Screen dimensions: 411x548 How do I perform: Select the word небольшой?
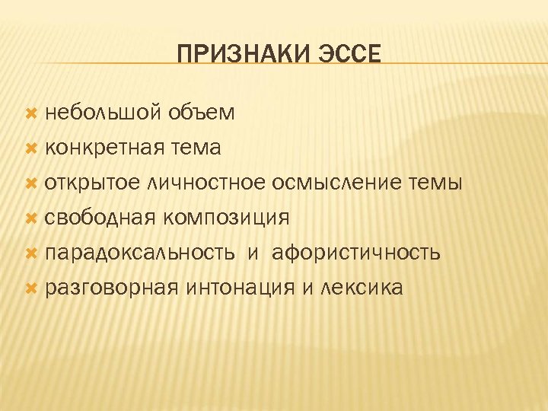coord(101,113)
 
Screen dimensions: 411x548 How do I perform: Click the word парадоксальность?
coord(139,253)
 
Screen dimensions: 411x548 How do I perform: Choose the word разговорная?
coord(111,288)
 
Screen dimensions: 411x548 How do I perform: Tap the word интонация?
coord(242,288)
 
